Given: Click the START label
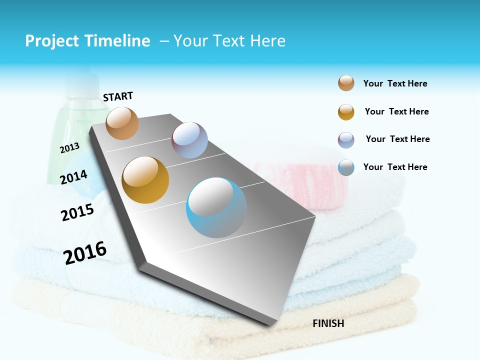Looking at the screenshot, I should pos(118,96).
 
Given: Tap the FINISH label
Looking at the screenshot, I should pos(328,323).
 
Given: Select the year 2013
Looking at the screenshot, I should pos(69,147).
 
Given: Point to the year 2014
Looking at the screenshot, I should pos(73,177).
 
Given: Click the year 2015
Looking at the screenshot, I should pos(77,212).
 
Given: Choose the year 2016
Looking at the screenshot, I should pos(85,253).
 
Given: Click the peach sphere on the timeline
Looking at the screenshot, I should pos(122,123).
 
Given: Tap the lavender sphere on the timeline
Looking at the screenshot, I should pos(189,140).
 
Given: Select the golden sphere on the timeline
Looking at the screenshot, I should pos(145,180).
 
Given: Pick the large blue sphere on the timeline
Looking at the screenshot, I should pos(216,207).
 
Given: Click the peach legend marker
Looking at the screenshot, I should pos(346,83).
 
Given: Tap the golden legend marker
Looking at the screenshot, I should pos(346,112).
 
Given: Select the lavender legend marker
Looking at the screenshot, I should pos(346,140).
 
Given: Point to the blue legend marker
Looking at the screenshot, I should pos(346,167).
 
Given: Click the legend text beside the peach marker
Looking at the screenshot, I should pos(395,84).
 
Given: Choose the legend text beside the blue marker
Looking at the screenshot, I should pos(395,167).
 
